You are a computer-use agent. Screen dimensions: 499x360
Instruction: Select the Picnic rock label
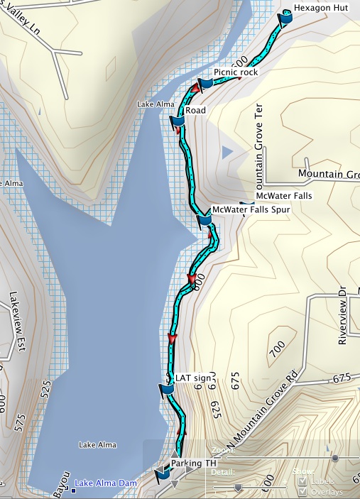click(235, 72)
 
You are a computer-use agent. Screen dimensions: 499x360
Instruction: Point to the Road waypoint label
click(195, 111)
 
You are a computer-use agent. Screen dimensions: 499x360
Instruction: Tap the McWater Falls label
click(283, 196)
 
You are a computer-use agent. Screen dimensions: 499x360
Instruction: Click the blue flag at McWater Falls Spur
click(204, 220)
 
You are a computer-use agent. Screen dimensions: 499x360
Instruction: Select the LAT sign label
click(193, 378)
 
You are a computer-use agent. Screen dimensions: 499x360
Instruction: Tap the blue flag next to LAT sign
click(166, 390)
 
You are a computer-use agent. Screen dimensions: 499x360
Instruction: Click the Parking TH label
click(193, 464)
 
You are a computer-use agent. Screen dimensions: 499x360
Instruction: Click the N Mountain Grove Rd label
click(264, 414)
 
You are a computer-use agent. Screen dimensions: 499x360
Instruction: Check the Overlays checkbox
click(303, 492)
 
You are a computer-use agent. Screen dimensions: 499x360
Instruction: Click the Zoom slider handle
click(334, 458)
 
